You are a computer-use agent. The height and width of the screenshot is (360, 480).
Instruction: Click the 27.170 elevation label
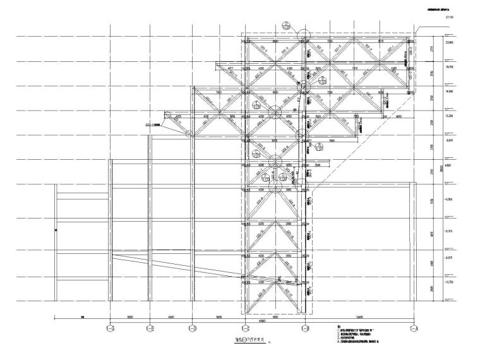click(450, 18)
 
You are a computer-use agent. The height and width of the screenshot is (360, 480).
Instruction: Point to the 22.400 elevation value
click(450, 41)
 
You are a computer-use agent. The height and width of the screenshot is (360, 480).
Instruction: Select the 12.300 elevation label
click(450, 116)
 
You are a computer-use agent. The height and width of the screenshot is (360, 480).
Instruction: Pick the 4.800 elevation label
click(450, 165)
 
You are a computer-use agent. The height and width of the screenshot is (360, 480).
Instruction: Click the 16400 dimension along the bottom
click(359, 317)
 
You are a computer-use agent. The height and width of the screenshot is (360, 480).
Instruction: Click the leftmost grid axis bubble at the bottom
click(111, 328)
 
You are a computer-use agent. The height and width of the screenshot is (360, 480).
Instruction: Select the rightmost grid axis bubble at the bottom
click(414, 328)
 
